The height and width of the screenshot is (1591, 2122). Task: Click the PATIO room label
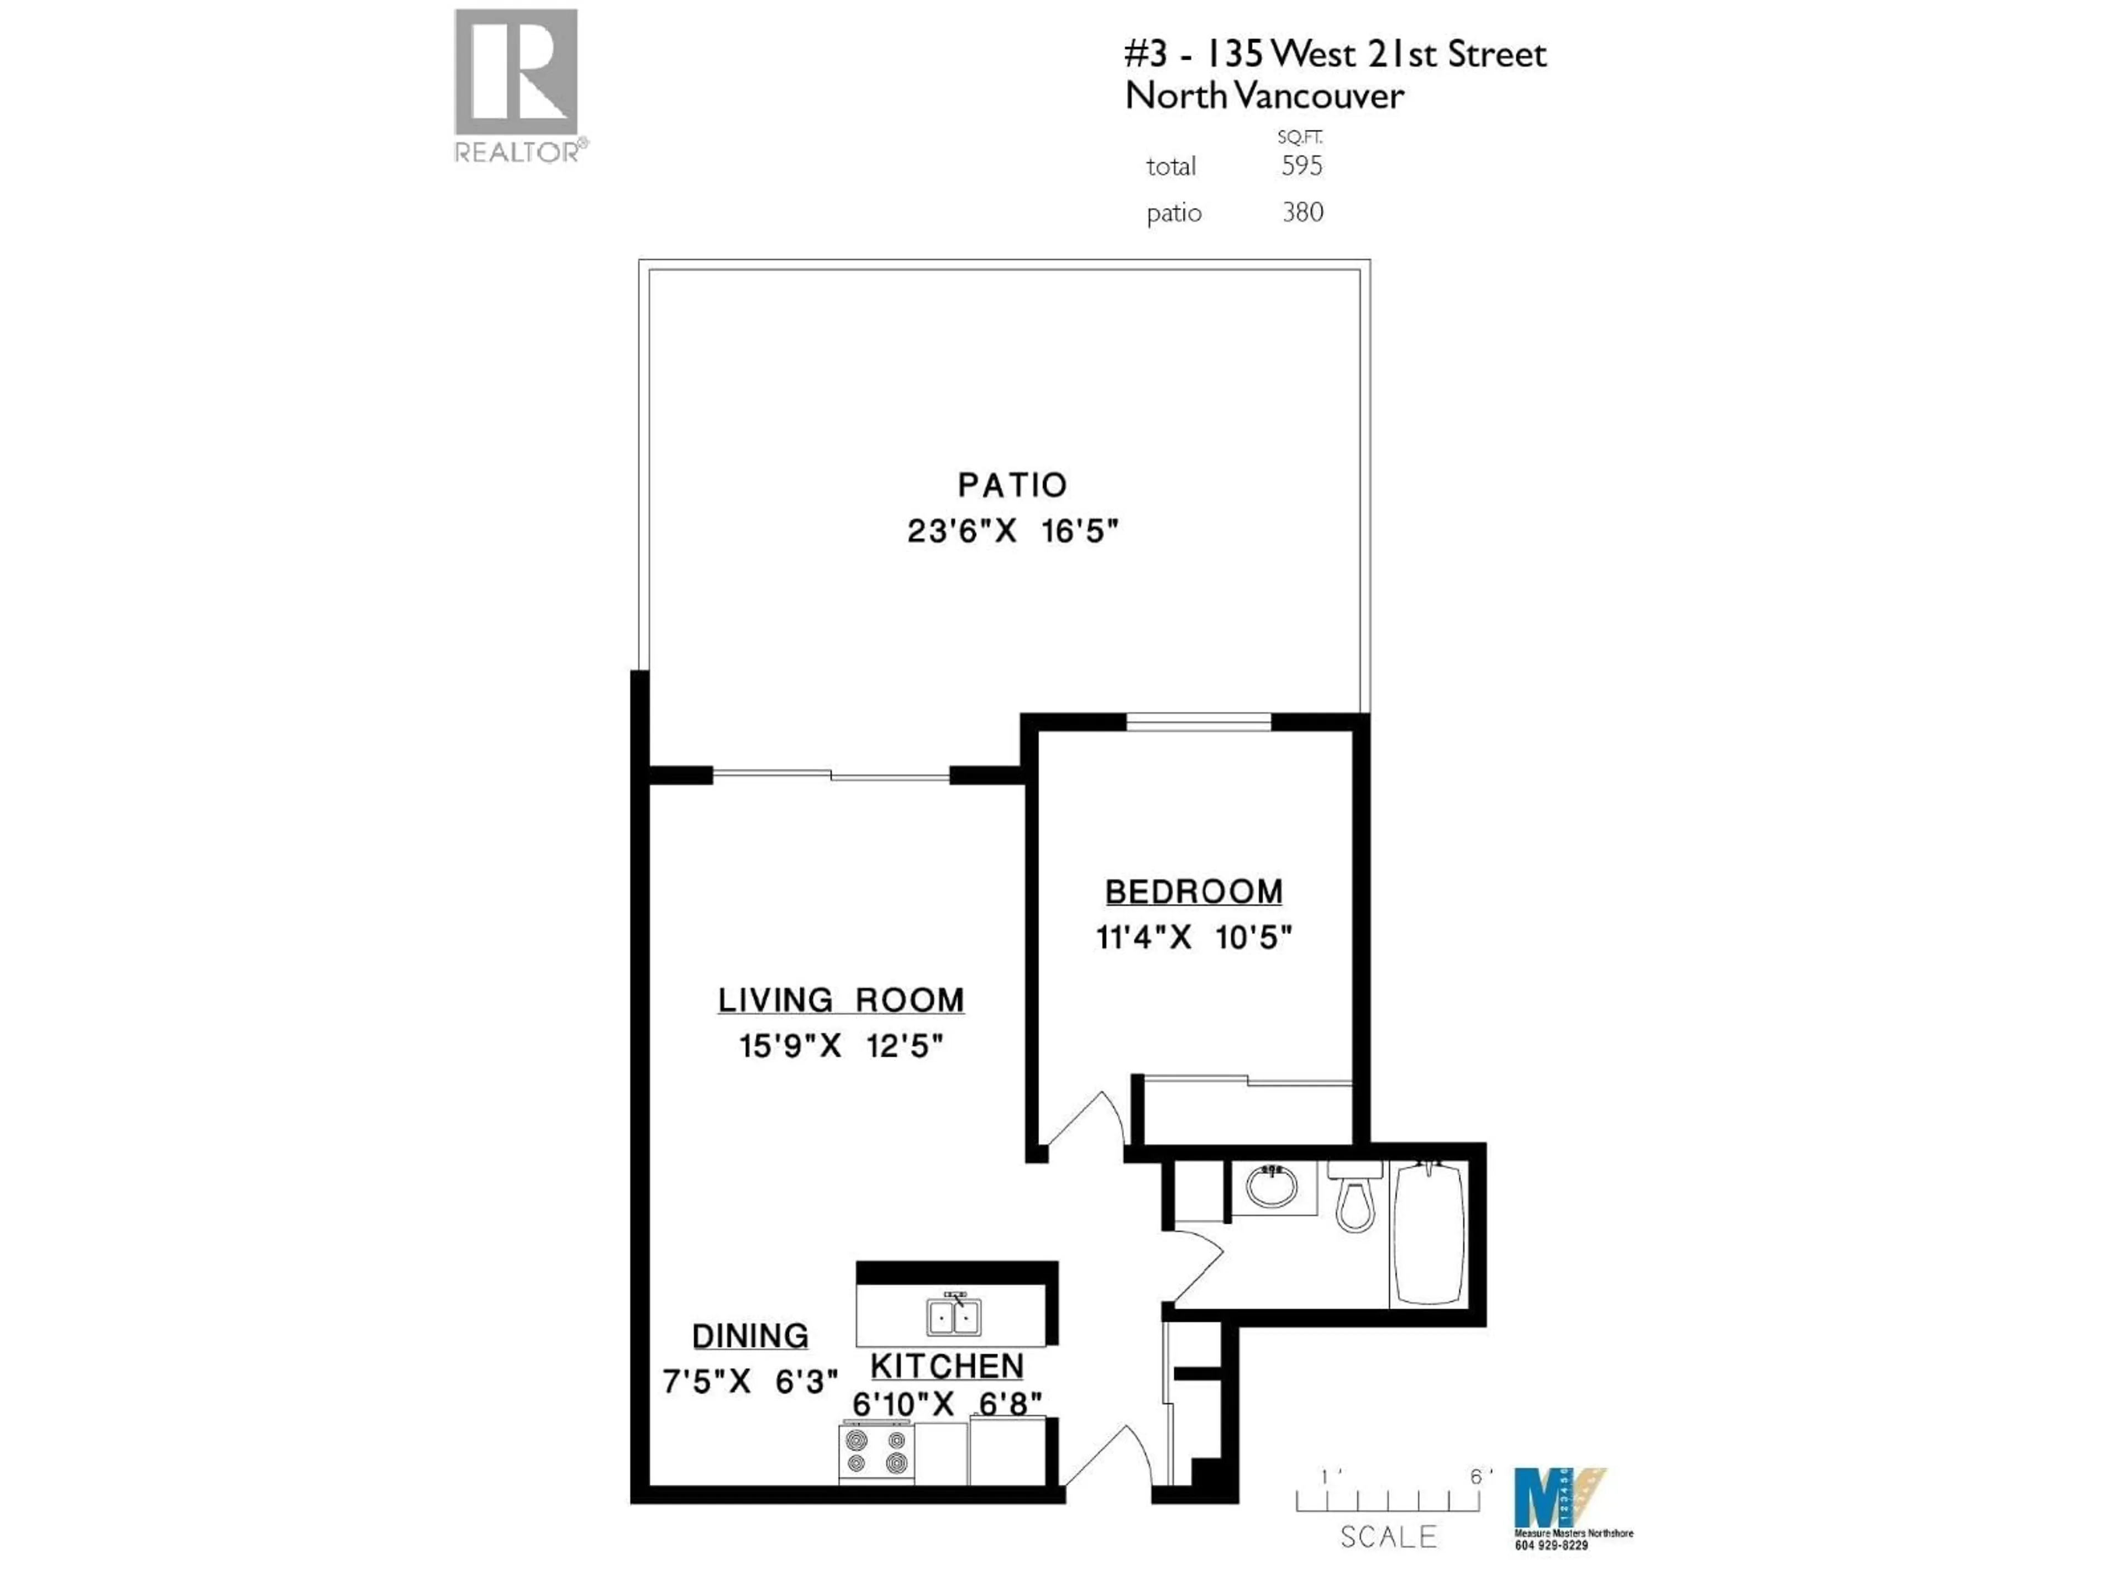click(1012, 485)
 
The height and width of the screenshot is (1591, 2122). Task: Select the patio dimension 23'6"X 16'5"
click(1012, 530)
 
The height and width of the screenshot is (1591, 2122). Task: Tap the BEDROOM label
click(1194, 892)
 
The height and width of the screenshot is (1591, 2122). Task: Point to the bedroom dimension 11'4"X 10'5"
click(1194, 937)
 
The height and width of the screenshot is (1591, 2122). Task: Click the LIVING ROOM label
click(841, 1000)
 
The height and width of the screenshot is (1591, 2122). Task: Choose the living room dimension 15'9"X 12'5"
click(841, 1045)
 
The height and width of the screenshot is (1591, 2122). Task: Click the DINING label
click(750, 1336)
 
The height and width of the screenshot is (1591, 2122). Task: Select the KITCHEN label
click(947, 1366)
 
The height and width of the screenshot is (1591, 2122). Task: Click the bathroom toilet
click(1354, 1198)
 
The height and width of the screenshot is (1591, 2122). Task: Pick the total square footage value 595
click(1302, 166)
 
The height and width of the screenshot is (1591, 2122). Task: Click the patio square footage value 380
click(1302, 212)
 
